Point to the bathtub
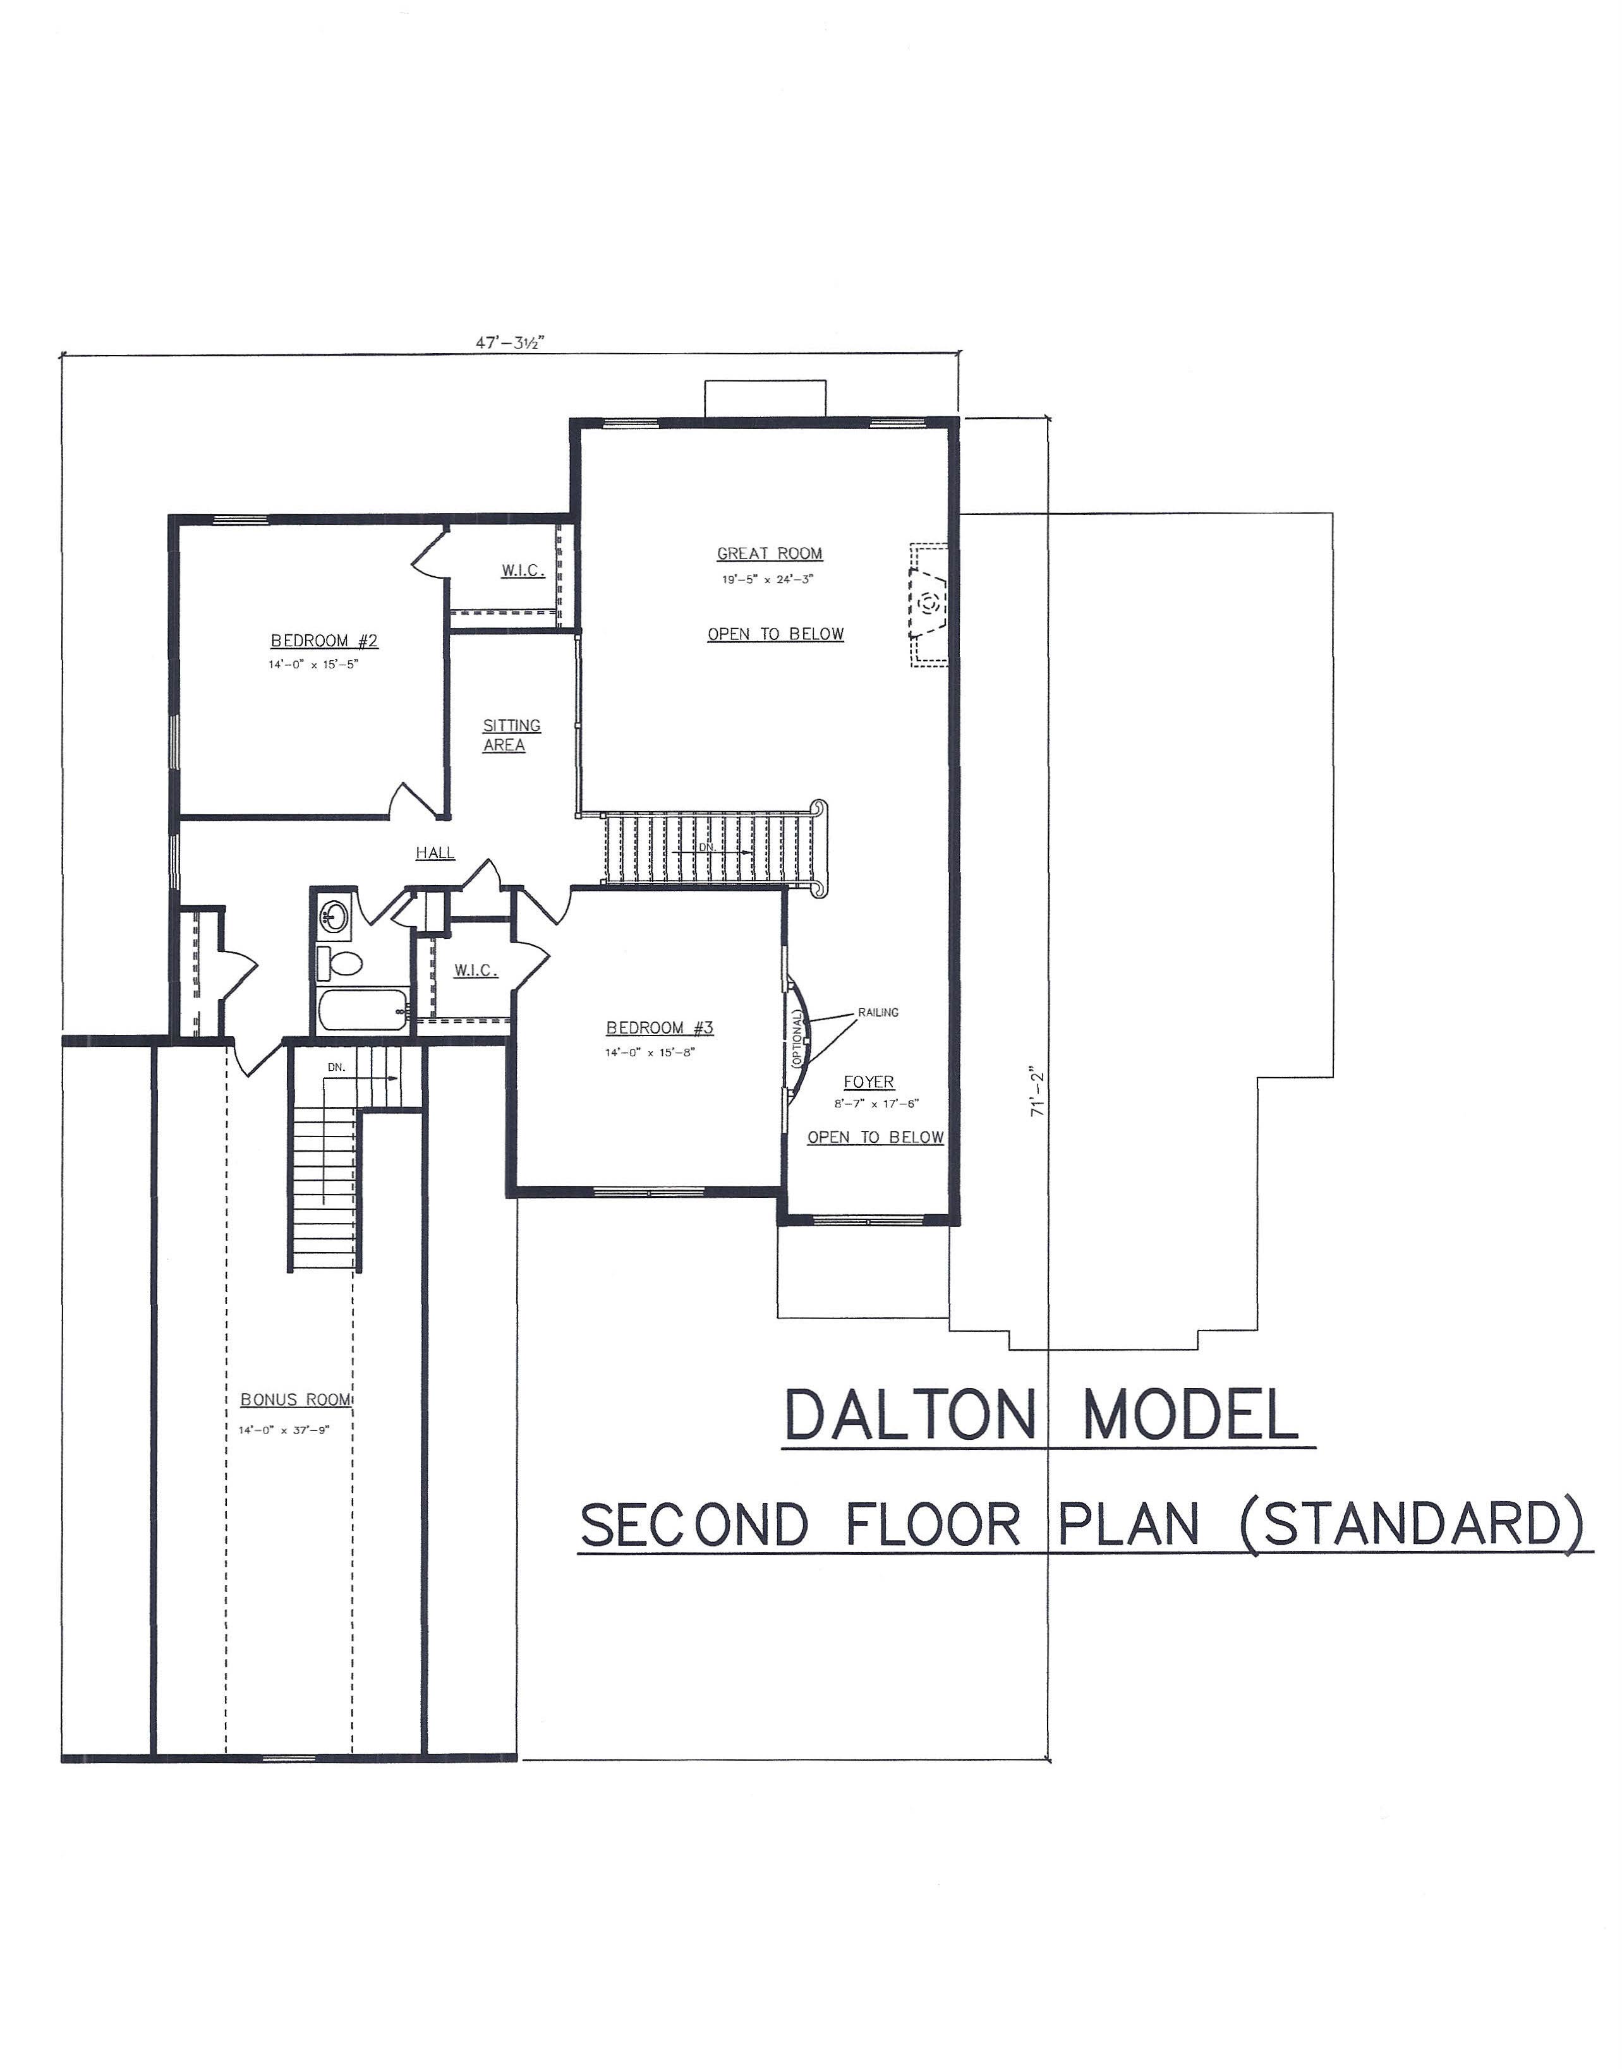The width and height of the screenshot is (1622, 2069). coord(363,1010)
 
